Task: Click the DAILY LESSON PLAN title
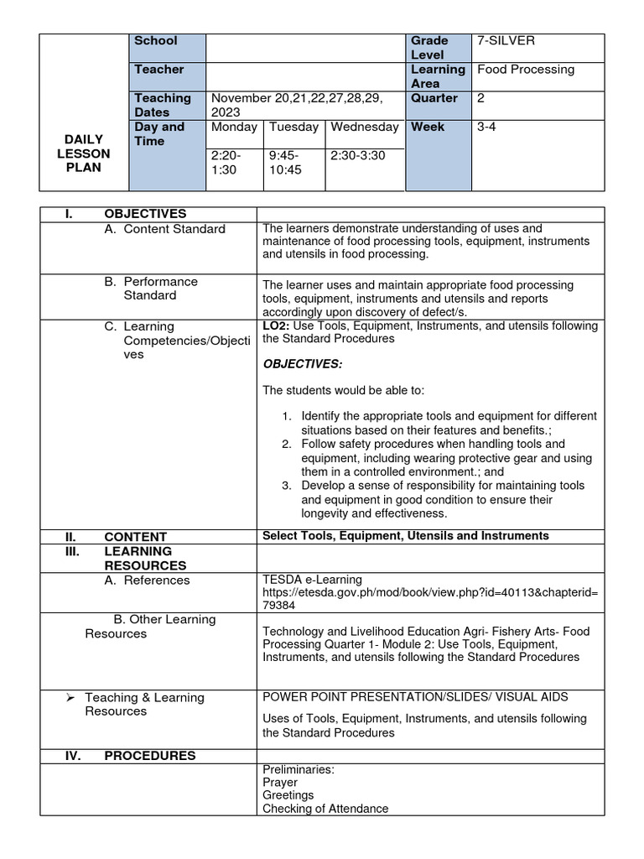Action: click(x=83, y=153)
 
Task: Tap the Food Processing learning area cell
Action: click(x=526, y=70)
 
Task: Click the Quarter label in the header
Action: click(x=434, y=98)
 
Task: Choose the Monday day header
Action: click(x=235, y=127)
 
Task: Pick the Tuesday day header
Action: click(x=293, y=127)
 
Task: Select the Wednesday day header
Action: click(x=364, y=127)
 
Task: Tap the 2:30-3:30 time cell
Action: click(x=358, y=155)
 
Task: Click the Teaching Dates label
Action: click(x=163, y=105)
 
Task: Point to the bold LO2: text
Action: click(x=278, y=325)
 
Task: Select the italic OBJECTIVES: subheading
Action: click(x=303, y=363)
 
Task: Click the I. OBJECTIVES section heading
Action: click(x=126, y=214)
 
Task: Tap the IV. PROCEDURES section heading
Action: click(x=130, y=756)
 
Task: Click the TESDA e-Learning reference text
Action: click(x=312, y=579)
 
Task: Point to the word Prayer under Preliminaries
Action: click(x=280, y=782)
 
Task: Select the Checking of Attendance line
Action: click(x=325, y=809)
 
